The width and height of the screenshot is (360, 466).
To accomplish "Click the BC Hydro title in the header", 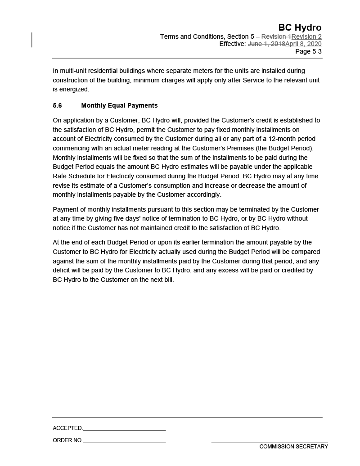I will pyautogui.click(x=300, y=27).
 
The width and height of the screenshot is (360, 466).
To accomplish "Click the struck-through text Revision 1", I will pyautogui.click(x=276, y=36).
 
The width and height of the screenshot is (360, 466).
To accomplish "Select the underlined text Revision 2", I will pyautogui.click(x=306, y=36).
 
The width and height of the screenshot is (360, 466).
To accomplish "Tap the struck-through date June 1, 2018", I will pyautogui.click(x=266, y=44).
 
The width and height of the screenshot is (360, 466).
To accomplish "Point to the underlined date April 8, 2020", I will pyautogui.click(x=303, y=44).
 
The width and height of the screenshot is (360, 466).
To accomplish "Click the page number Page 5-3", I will pyautogui.click(x=308, y=51).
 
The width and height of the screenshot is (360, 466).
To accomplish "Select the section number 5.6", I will pyautogui.click(x=57, y=105).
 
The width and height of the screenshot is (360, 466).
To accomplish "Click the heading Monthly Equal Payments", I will pyautogui.click(x=119, y=105).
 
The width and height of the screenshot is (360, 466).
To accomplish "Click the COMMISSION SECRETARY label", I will pyautogui.click(x=293, y=447).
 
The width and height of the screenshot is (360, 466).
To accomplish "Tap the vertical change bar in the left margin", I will pyautogui.click(x=32, y=40).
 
